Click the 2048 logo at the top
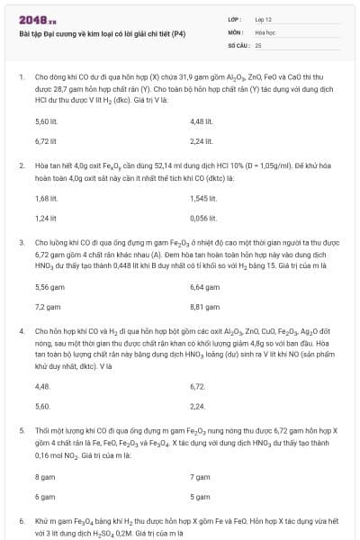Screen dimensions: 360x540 pyautogui.click(x=37, y=19)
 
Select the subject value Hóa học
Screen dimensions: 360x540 pyautogui.click(x=265, y=31)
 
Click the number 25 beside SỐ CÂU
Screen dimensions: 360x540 pyautogui.click(x=258, y=44)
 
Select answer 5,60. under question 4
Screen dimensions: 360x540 pyautogui.click(x=43, y=406)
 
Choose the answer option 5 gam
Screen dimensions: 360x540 pyautogui.click(x=200, y=496)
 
